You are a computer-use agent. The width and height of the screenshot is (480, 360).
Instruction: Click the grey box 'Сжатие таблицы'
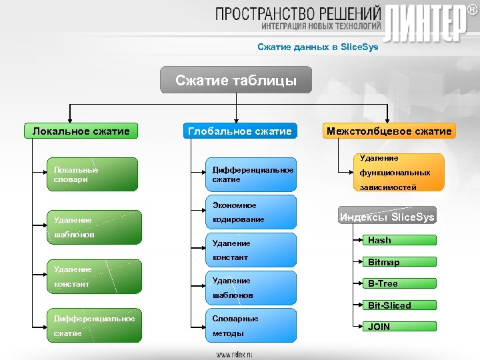(236, 81)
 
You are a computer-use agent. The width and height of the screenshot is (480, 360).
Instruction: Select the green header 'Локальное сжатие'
(81, 131)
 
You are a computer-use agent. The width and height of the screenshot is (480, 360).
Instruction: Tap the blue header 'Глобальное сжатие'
(239, 131)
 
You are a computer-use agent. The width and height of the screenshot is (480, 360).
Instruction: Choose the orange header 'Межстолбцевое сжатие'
(389, 131)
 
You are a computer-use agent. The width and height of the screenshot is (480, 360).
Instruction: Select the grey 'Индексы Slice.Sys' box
(387, 217)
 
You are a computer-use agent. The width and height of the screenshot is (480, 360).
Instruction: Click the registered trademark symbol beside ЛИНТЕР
(471, 11)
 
